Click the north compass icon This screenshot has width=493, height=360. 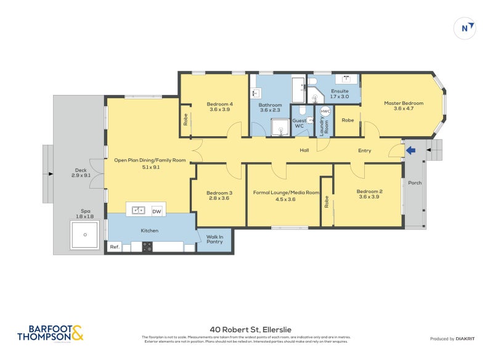(467, 28)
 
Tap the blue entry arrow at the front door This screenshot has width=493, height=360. (411, 150)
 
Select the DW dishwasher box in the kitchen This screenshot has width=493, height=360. (157, 210)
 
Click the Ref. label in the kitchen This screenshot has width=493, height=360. (114, 247)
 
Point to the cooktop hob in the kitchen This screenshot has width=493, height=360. (148, 247)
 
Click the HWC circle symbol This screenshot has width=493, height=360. (325, 112)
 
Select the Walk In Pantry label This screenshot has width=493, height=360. (214, 239)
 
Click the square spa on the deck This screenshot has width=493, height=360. (84, 235)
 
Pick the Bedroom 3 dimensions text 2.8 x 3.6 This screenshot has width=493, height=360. (219, 198)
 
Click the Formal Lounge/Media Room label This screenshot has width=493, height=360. (286, 192)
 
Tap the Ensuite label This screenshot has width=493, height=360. (340, 91)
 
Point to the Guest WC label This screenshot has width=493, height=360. (299, 123)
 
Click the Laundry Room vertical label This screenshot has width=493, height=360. (326, 126)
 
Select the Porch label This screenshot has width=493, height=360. (415, 182)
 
